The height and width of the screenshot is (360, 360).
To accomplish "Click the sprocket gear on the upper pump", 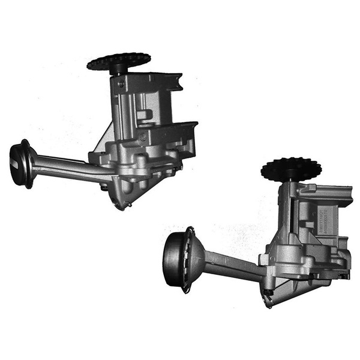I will coord(118,61).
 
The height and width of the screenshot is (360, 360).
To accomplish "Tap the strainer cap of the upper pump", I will coord(22,163).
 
